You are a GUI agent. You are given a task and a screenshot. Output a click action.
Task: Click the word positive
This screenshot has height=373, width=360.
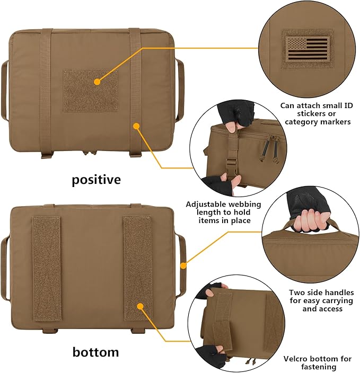pyautogui.click(x=96, y=180)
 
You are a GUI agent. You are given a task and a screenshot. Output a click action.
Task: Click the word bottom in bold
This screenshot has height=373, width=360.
pyautogui.click(x=96, y=352)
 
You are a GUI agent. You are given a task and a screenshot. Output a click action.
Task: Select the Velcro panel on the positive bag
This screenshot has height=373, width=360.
pyautogui.click(x=90, y=91)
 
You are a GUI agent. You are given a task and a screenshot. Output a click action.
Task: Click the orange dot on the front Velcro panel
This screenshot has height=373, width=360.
pyautogui.click(x=97, y=82)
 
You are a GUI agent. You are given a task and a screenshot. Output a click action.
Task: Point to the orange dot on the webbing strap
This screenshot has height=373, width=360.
pyautogui.click(x=136, y=126)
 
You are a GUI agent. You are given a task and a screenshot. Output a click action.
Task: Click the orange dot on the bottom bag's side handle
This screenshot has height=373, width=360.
pyautogui.click(x=183, y=265)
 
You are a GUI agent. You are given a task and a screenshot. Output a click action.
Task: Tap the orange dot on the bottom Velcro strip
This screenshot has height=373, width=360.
pyautogui.click(x=141, y=306)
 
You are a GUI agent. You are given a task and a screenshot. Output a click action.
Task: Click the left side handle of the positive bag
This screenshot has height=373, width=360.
pyautogui.click(x=5, y=90)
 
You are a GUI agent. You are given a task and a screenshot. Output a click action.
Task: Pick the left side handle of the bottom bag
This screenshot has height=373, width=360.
pyautogui.click(x=5, y=265)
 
